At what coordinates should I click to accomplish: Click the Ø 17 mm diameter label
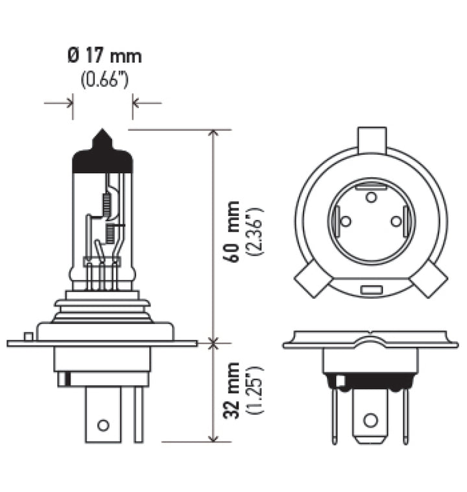pos(104,56)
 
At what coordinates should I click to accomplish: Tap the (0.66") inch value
pos(104,80)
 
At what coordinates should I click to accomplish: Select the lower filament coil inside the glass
pos(110,232)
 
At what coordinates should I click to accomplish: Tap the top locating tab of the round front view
pos(372,139)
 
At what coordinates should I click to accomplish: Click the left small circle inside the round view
pos(346,221)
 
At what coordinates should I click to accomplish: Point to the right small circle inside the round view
pos(396,221)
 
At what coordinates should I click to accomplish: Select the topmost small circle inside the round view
pos(371,196)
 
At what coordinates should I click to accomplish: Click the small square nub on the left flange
pos(27,336)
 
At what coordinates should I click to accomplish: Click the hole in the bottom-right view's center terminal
pos(370,420)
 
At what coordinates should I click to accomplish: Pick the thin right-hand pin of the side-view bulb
pos(138,414)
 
